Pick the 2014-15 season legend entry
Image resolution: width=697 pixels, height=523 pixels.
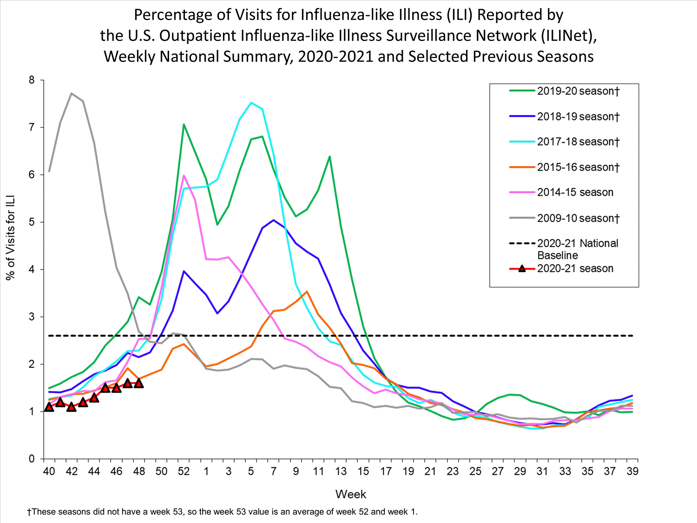click(x=575, y=192)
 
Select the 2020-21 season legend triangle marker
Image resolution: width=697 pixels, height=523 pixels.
click(x=522, y=269)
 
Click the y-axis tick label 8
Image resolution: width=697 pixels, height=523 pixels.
click(x=32, y=80)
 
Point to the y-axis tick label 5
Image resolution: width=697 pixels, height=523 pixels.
click(x=32, y=222)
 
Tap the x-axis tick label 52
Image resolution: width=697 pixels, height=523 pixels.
click(x=184, y=471)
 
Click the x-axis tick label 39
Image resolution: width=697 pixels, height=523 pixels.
click(x=632, y=471)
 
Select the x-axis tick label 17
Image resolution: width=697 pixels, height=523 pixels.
click(x=386, y=471)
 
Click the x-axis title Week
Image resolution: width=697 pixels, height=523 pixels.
click(x=351, y=494)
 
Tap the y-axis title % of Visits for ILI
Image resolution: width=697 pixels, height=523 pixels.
click(x=10, y=237)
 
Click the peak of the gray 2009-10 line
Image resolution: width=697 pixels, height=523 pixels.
click(x=72, y=93)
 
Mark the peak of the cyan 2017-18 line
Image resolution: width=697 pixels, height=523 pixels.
click(x=251, y=103)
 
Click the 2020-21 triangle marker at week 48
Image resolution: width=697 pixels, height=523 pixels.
click(x=138, y=384)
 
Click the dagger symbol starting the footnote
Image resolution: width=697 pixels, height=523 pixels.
click(x=29, y=512)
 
